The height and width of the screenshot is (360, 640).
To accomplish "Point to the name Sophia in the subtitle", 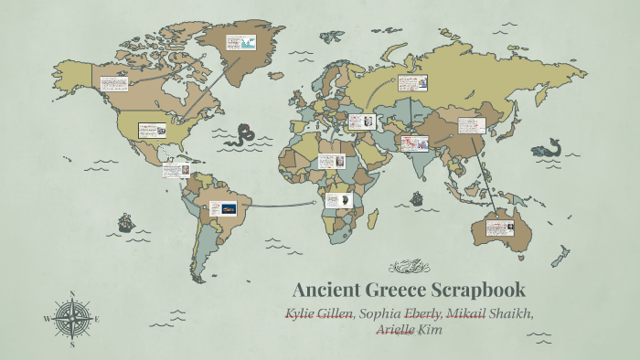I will pos(379,314).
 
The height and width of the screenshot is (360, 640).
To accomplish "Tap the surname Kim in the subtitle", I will pos(430,329).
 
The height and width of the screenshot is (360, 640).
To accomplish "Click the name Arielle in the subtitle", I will pos(395,329).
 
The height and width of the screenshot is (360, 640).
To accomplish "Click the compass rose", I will pos(70,319).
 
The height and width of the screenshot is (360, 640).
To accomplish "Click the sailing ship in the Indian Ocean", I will pos(417,196).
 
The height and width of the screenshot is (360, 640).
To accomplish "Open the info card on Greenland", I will pos(242,42).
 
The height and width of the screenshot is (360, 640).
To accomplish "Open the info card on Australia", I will pos(501,225).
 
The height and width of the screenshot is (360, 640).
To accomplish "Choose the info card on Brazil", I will pos(223,208).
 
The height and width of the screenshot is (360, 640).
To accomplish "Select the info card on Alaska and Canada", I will pos(113,83).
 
